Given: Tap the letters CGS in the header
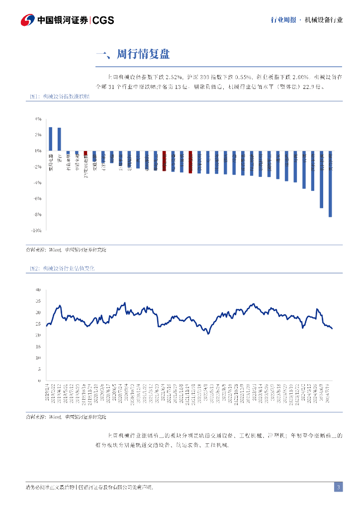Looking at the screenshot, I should click(103, 20).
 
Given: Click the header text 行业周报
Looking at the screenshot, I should click(283, 20).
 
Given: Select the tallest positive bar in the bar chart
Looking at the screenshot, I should click(50, 139).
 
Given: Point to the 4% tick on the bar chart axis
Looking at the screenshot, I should click(38, 119).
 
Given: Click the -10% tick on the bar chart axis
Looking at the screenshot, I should click(36, 231).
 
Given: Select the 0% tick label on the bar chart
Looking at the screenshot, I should click(38, 151).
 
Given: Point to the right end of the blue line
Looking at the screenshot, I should click(332, 329).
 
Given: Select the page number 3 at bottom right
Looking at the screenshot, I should click(338, 487).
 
